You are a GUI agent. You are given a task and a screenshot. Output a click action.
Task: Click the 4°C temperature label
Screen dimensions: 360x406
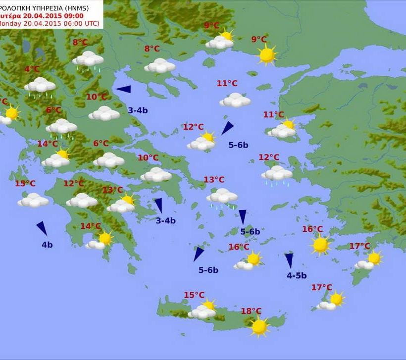coord(32,69)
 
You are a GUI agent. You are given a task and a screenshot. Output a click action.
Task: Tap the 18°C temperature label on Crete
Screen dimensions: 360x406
coord(251,311)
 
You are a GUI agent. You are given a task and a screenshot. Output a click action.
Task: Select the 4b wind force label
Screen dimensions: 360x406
coord(47,244)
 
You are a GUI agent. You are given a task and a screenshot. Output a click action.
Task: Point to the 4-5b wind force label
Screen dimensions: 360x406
coord(297,276)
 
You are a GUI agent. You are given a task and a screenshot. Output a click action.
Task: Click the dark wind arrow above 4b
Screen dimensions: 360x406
coord(42,228)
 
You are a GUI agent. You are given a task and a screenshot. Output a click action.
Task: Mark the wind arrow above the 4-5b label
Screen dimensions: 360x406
coord(289,260)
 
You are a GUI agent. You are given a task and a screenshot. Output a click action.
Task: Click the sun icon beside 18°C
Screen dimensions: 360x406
coord(259,326)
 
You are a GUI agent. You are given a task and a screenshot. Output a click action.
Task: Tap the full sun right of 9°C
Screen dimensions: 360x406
coord(267,54)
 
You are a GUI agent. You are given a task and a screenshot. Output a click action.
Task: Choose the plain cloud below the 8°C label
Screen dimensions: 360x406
coord(160,65)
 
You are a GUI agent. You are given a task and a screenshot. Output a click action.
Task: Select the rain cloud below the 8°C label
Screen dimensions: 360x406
coord(88,59)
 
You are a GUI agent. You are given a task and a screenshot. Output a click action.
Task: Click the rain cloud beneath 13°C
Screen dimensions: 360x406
coord(222,197)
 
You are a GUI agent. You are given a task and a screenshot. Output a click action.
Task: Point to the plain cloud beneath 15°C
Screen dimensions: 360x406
coord(33,200)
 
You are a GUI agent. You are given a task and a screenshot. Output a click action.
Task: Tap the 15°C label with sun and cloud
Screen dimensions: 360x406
coord(194,295)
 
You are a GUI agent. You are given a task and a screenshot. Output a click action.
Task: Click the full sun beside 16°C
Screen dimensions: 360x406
coord(320,244)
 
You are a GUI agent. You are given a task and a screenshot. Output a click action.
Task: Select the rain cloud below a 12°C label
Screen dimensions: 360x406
coord(277,174)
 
